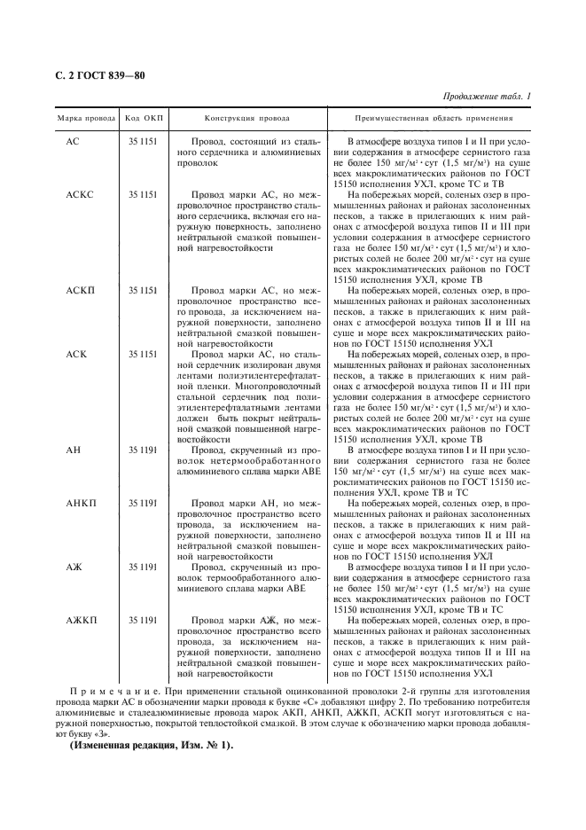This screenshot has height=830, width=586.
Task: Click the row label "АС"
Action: pos(73,142)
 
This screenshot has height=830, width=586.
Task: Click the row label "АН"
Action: pos(74,450)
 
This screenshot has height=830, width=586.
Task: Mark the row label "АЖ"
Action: pos(74,566)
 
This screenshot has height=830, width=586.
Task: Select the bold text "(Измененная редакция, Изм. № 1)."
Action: pos(151,743)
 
